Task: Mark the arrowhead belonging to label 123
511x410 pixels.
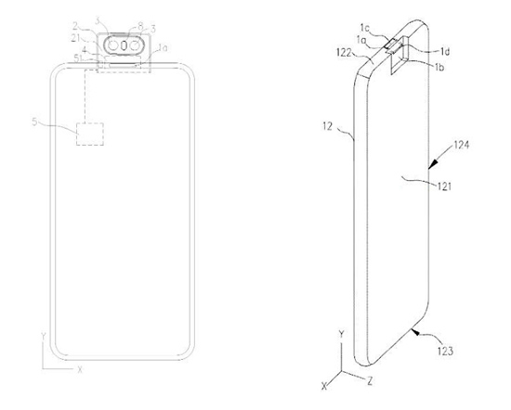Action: point(417,328)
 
